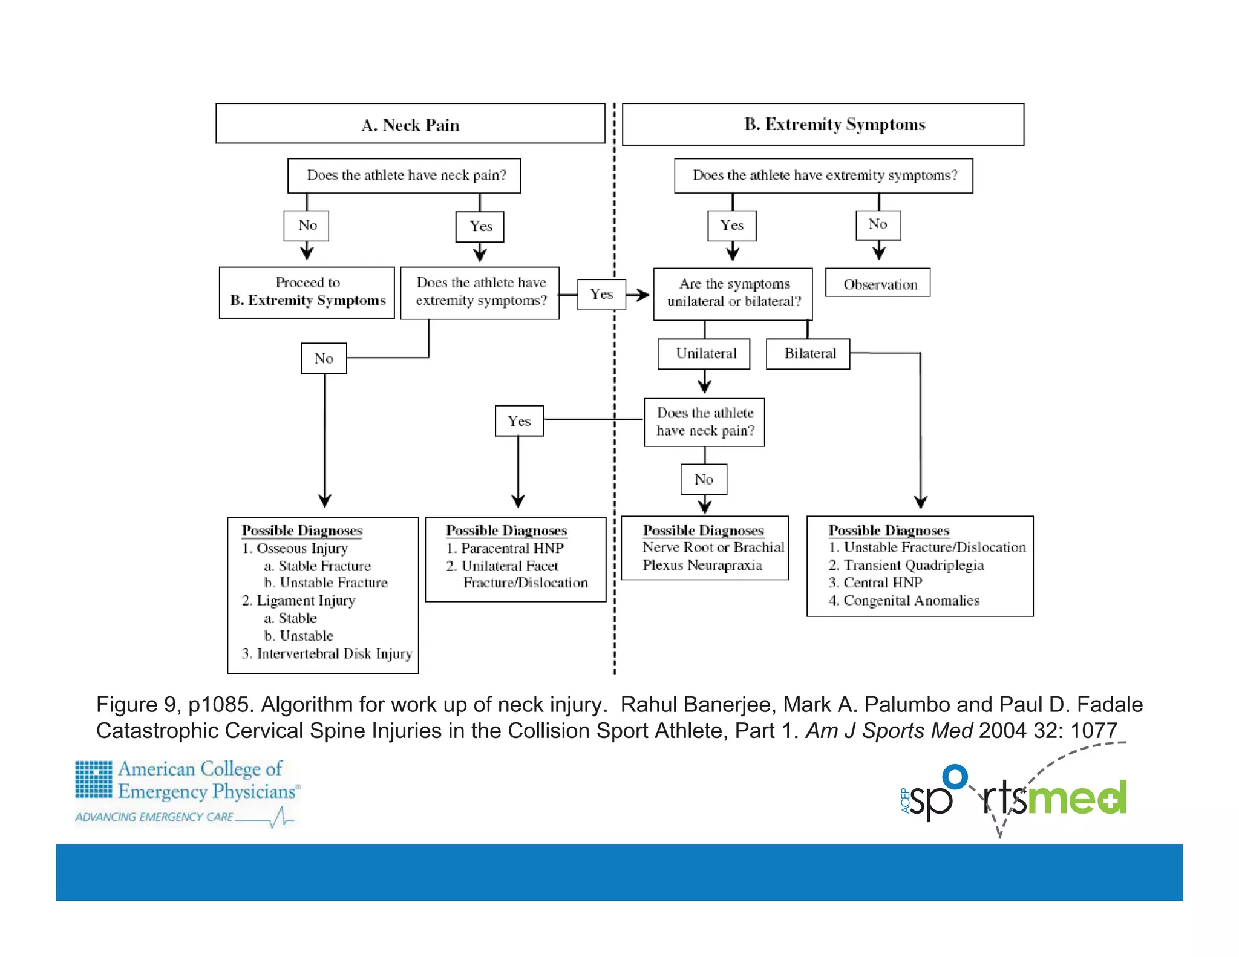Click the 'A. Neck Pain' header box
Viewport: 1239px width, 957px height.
pyautogui.click(x=410, y=124)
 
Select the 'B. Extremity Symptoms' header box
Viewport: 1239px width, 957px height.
pyautogui.click(x=823, y=124)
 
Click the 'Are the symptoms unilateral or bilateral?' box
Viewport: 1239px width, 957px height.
pyautogui.click(x=733, y=293)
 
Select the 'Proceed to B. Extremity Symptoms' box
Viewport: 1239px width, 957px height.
pyautogui.click(x=307, y=292)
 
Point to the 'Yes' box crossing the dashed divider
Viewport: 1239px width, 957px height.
pyautogui.click(x=601, y=295)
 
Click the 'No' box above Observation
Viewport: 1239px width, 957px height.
pyautogui.click(x=878, y=225)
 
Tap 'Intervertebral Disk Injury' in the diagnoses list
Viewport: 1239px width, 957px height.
pyautogui.click(x=334, y=654)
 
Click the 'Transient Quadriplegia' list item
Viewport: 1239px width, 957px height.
pyautogui.click(x=913, y=565)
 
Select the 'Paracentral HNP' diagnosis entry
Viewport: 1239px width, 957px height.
pyautogui.click(x=512, y=548)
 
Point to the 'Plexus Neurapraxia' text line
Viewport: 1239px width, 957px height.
pyautogui.click(x=702, y=565)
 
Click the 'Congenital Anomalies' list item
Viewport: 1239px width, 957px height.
pyautogui.click(x=911, y=601)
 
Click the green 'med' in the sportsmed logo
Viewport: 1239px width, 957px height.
pyautogui.click(x=1077, y=798)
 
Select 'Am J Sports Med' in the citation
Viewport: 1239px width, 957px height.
pyautogui.click(x=889, y=731)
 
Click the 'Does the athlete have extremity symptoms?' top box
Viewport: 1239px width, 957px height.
pyautogui.click(x=823, y=175)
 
